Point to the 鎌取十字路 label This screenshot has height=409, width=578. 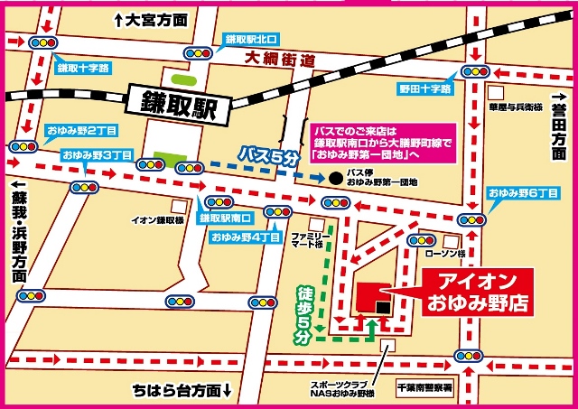(x=83, y=68)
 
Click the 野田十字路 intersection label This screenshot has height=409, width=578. (x=424, y=88)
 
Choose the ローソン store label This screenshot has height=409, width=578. (x=448, y=256)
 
